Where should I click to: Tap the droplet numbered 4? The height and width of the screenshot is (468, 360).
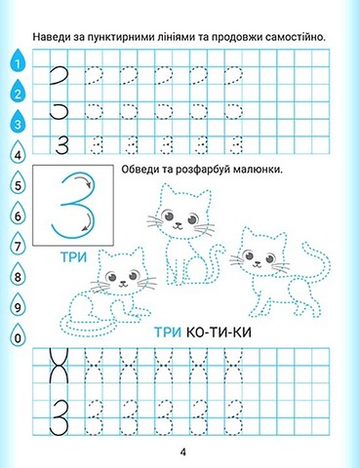click(18, 153)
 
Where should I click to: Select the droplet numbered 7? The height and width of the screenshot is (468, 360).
click(18, 244)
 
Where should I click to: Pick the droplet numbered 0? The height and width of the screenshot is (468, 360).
click(18, 335)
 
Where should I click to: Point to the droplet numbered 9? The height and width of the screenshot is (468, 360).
click(18, 305)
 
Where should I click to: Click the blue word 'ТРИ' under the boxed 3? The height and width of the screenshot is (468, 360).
click(74, 257)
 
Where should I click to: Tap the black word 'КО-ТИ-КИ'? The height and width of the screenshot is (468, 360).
click(220, 332)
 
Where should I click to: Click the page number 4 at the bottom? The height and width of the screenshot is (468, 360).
click(183, 452)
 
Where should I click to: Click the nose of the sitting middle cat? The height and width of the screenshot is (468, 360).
click(178, 224)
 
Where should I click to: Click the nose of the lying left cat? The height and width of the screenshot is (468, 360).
click(123, 282)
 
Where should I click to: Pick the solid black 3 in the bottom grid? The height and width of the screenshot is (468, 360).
click(59, 417)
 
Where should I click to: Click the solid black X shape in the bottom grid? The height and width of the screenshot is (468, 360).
click(59, 366)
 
